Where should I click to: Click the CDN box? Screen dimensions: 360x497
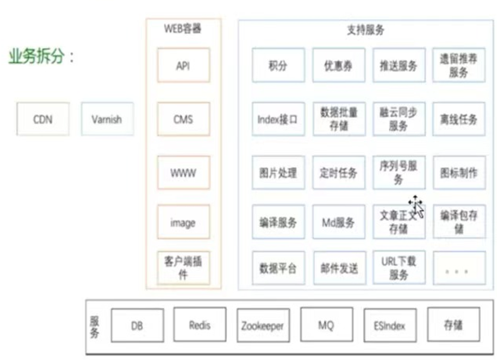pyautogui.click(x=43, y=119)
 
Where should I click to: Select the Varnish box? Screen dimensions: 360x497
pyautogui.click(x=107, y=119)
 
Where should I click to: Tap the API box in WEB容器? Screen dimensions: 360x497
pyautogui.click(x=184, y=65)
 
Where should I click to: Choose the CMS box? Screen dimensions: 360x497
pyautogui.click(x=184, y=119)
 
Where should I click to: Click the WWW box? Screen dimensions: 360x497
pyautogui.click(x=184, y=172)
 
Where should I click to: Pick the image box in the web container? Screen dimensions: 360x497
pyautogui.click(x=184, y=222)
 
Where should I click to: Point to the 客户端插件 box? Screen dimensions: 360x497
pyautogui.click(x=184, y=267)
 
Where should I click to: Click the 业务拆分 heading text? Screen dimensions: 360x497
pyautogui.click(x=41, y=57)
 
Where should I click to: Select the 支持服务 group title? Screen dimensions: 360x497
pyautogui.click(x=366, y=30)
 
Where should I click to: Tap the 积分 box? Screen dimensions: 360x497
pyautogui.click(x=278, y=65)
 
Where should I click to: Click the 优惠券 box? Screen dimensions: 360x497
pyautogui.click(x=338, y=65)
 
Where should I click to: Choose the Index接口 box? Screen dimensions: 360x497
pyautogui.click(x=278, y=119)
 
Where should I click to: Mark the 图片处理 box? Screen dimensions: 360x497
pyautogui.click(x=278, y=172)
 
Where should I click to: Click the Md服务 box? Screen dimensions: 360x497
pyautogui.click(x=338, y=222)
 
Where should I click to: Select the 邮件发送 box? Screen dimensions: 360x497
pyautogui.click(x=338, y=268)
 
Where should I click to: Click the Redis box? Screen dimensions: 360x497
pyautogui.click(x=200, y=325)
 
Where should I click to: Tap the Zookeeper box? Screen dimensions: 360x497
pyautogui.click(x=263, y=325)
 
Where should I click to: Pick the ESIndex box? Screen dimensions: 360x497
pyautogui.click(x=390, y=325)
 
